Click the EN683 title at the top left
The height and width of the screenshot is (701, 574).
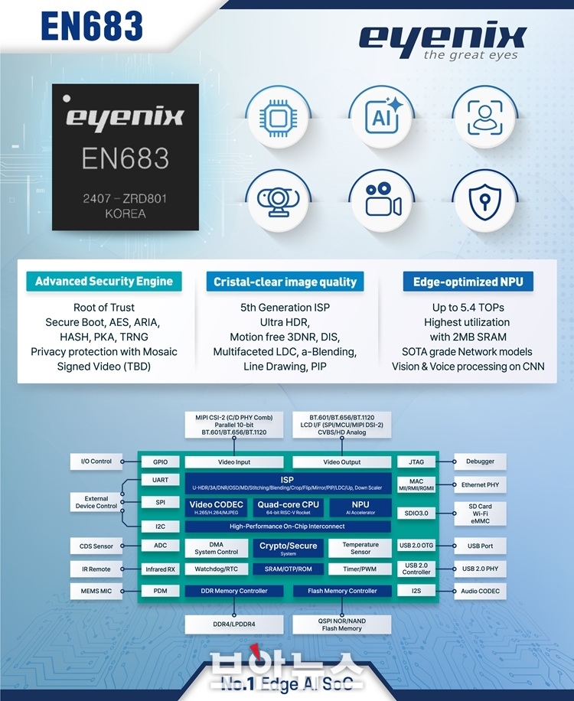[x=93, y=25]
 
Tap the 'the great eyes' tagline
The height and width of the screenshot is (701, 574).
[x=471, y=55]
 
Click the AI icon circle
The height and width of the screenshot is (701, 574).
[x=382, y=117]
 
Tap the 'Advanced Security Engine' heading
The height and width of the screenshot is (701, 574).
[x=104, y=282]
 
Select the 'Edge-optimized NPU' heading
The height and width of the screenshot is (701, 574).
[x=468, y=282]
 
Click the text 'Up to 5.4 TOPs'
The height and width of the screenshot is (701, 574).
[x=468, y=308]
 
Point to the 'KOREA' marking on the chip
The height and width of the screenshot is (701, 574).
[x=125, y=214]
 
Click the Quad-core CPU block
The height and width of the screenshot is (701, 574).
[x=289, y=507]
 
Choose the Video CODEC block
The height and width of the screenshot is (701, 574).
[x=217, y=507]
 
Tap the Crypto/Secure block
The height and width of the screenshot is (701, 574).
[x=289, y=548]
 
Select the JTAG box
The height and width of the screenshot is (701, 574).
[x=416, y=461]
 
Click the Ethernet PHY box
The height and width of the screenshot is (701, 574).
[x=480, y=484]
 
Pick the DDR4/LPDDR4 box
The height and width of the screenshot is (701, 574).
[x=219, y=624]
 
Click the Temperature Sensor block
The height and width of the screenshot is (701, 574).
[x=360, y=548]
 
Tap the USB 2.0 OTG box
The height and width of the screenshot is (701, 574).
[x=416, y=546]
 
